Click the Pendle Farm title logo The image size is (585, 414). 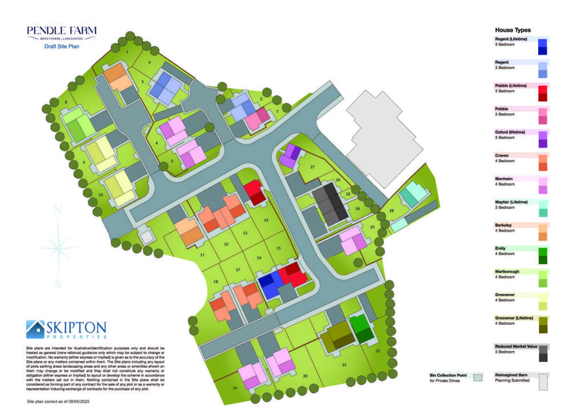pos(62,32)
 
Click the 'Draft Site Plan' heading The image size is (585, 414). pos(62,46)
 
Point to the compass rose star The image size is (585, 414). pos(57,246)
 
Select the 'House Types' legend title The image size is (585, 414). pos(512,30)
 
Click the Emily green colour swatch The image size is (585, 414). pos(543,255)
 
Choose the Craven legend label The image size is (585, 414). pos(503,156)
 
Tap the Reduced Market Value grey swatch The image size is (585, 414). pos(543,353)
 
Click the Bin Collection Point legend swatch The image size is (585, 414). pos(477,377)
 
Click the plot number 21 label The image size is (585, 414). pos(344,364)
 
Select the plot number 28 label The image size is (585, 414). pos(391,211)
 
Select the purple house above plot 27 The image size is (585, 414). pos(290,156)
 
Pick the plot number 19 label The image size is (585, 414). pos(235,388)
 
